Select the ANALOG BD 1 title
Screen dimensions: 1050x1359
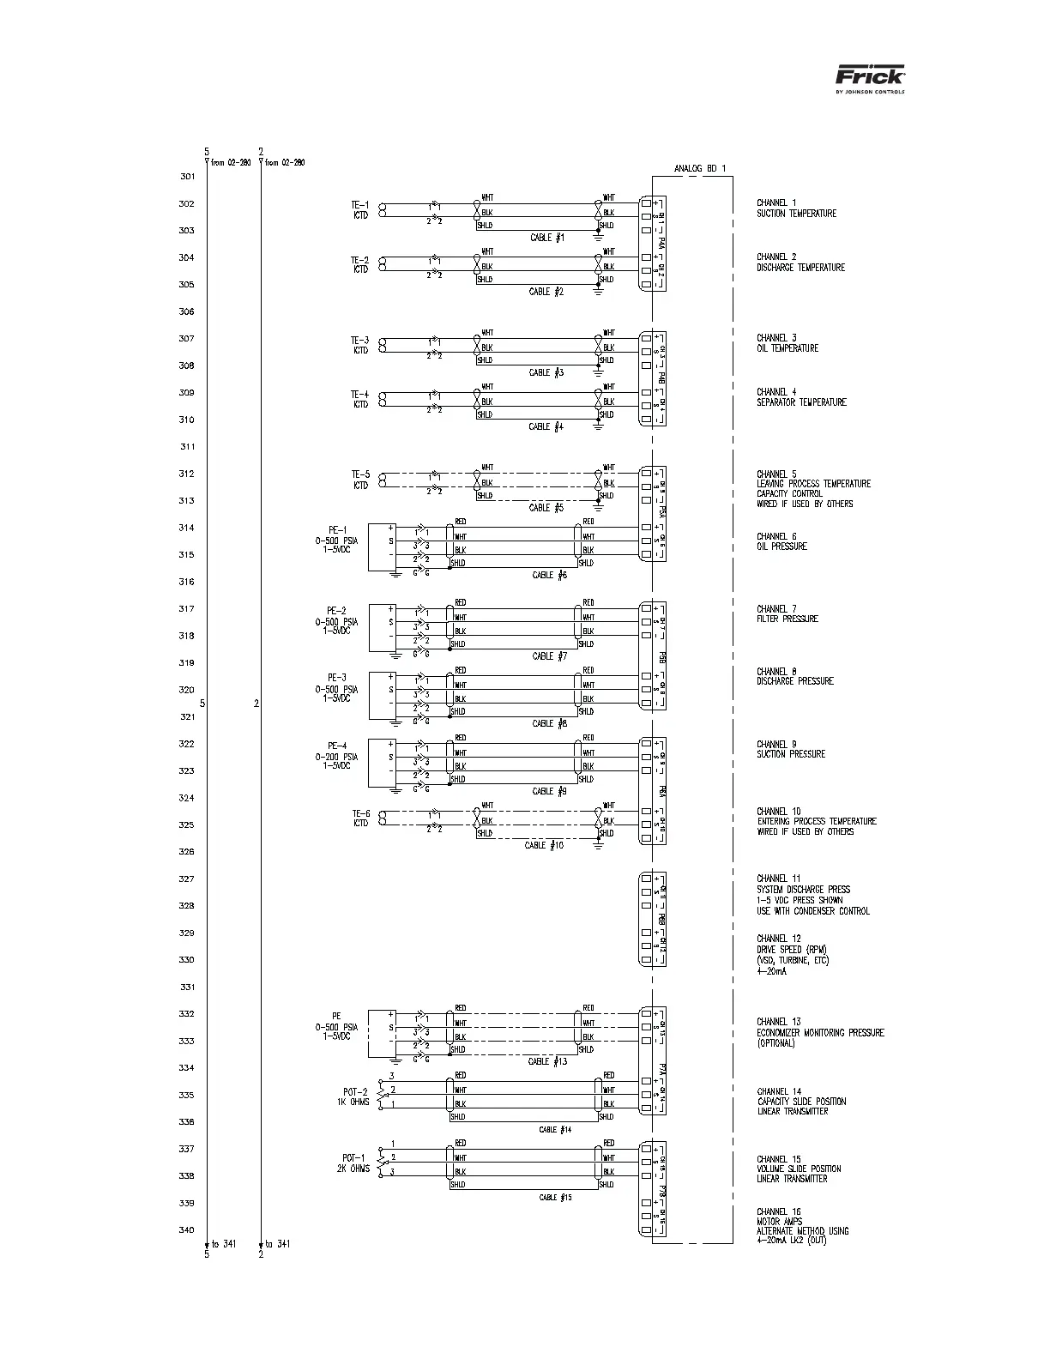coord(699,168)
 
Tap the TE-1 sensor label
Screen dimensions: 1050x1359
coord(359,205)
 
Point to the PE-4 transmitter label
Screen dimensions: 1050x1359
coord(336,746)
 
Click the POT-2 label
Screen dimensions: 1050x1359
coord(355,1092)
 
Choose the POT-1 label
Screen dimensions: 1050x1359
coord(353,1158)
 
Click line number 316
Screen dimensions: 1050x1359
coord(186,582)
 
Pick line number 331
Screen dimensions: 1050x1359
coord(187,988)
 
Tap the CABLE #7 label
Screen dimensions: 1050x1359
coord(549,656)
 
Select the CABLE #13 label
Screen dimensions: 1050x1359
coord(547,1061)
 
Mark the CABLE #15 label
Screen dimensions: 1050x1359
coord(555,1198)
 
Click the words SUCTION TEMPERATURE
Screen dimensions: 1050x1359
coord(796,214)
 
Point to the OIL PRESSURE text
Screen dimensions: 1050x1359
coord(781,547)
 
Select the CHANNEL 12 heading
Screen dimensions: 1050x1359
coord(779,939)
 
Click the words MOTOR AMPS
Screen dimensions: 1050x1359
coord(778,1222)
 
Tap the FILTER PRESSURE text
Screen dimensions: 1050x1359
coord(787,619)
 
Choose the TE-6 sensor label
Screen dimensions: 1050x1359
coord(360,813)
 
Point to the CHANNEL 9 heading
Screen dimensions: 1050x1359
coord(777,744)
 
